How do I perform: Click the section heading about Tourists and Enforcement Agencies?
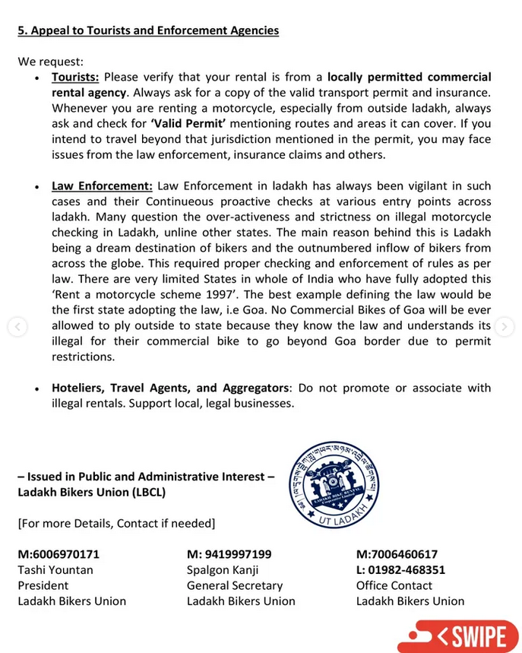click(x=148, y=30)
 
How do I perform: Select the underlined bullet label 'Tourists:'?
click(x=75, y=77)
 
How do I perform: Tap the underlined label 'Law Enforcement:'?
click(x=102, y=185)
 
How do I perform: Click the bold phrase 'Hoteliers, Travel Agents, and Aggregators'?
click(x=170, y=388)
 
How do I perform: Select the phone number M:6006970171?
click(x=59, y=554)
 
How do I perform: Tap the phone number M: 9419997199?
click(x=229, y=554)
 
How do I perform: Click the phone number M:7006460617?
click(x=397, y=554)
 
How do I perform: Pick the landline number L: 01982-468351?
click(x=400, y=569)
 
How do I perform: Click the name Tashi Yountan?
click(x=55, y=569)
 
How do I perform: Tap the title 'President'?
click(x=43, y=585)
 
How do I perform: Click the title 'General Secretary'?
click(x=235, y=585)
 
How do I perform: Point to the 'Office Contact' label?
click(x=394, y=585)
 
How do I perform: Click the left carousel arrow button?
click(x=17, y=327)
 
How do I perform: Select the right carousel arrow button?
click(x=504, y=327)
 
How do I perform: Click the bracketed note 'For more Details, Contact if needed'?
click(x=116, y=523)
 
